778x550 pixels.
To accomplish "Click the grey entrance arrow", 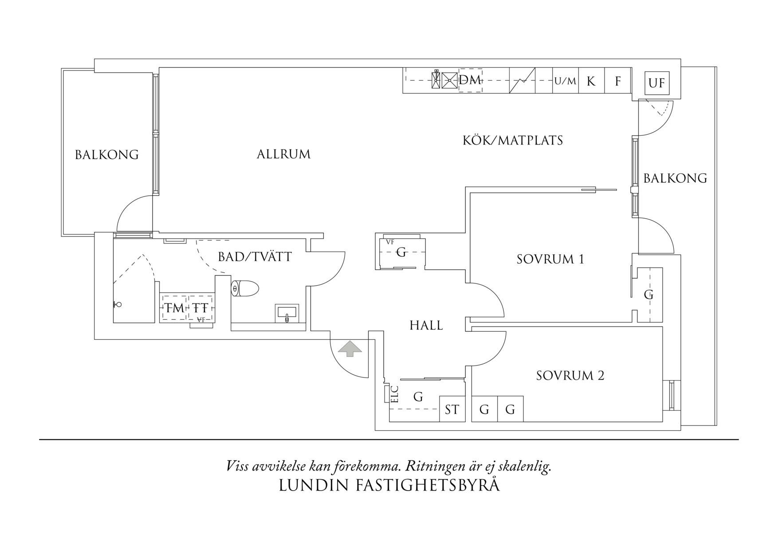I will click(x=350, y=348).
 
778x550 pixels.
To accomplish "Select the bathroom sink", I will click(x=287, y=313).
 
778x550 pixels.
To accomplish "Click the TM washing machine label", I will click(x=174, y=308).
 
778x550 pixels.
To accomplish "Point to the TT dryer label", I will click(x=200, y=308).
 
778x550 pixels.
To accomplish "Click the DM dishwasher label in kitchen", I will click(x=470, y=80).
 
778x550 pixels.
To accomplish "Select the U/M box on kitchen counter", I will click(x=565, y=81).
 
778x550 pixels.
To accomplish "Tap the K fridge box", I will click(x=591, y=81).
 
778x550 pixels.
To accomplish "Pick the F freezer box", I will click(x=617, y=81).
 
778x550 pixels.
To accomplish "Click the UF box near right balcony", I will click(x=656, y=83).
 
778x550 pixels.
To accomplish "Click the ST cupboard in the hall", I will click(x=452, y=409).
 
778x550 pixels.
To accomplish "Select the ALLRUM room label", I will click(x=284, y=154).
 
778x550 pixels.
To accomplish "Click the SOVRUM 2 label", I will click(x=570, y=376).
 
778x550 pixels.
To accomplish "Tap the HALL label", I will click(x=426, y=326).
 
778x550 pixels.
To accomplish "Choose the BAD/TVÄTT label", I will click(x=255, y=257).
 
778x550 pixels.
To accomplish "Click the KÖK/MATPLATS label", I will click(x=513, y=141).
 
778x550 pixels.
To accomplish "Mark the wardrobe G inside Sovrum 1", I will click(x=648, y=294).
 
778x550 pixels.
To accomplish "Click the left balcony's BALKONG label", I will click(x=106, y=155).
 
